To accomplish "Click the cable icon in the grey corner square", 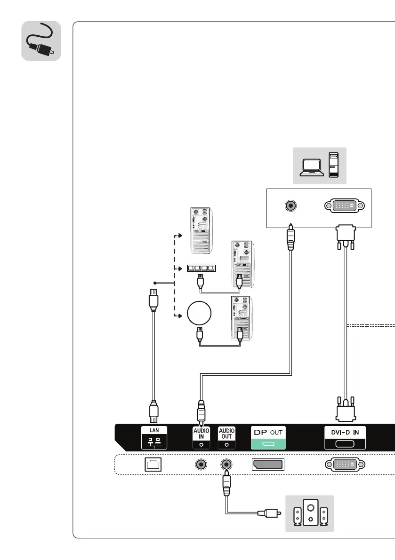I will click(x=41, y=41).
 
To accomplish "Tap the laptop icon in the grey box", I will click(x=312, y=166).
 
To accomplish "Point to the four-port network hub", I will click(x=201, y=269).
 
